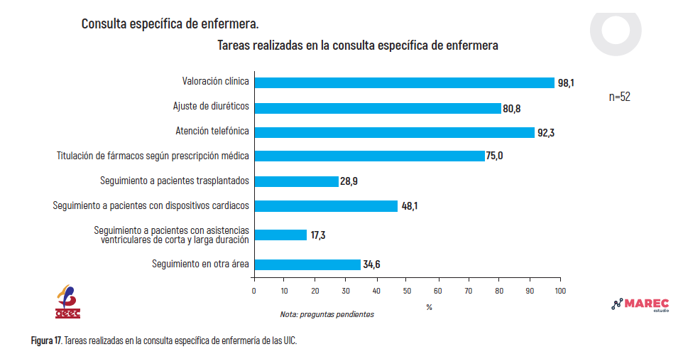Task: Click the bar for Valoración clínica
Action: click(405, 82)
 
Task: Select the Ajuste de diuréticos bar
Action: click(378, 108)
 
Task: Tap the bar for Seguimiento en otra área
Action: click(307, 264)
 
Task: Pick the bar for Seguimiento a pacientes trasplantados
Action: click(297, 181)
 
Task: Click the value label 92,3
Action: click(546, 133)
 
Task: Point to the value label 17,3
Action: click(318, 235)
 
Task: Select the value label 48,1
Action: click(410, 205)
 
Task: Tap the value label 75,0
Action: click(494, 156)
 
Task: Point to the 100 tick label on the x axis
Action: click(560, 291)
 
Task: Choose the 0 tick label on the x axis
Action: click(254, 291)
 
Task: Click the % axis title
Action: click(429, 307)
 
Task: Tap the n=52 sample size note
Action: click(620, 97)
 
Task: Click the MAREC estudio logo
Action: click(640, 305)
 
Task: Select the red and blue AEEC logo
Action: click(67, 301)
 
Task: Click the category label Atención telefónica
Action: click(212, 131)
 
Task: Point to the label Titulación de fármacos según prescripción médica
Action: click(153, 156)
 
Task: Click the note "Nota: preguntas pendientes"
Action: click(327, 314)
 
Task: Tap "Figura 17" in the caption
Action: click(46, 341)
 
